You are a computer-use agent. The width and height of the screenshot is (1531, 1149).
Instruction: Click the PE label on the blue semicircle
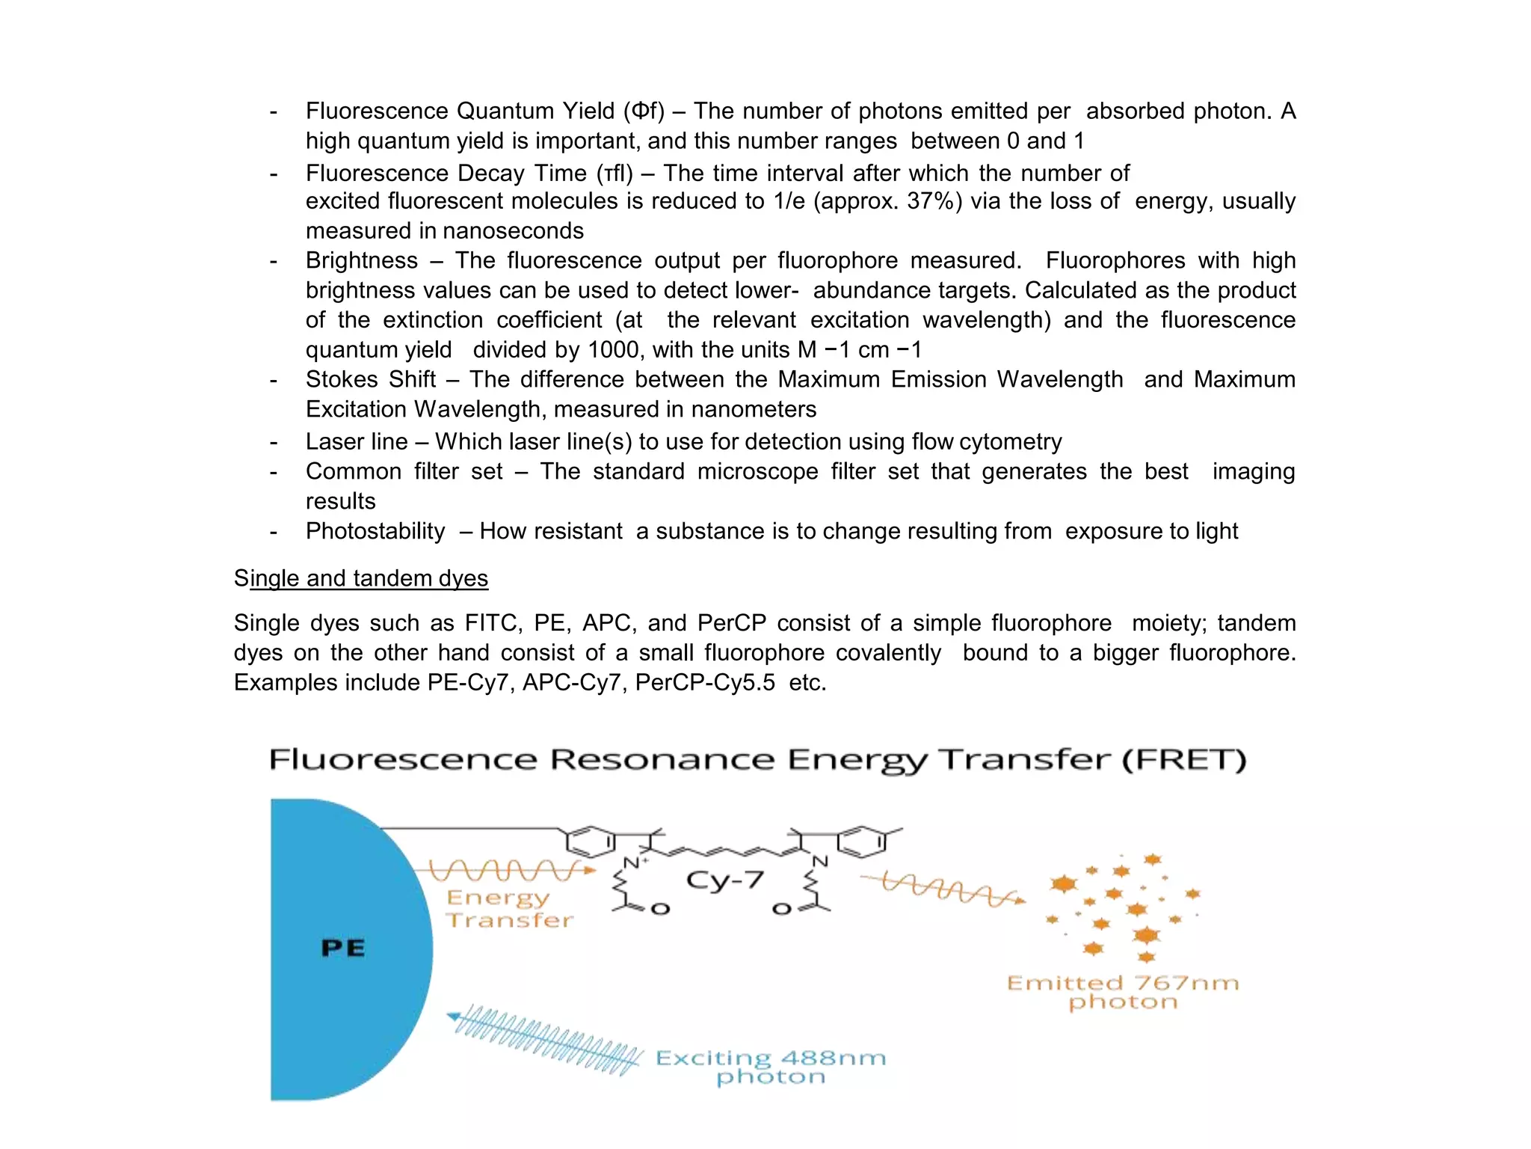[x=343, y=949]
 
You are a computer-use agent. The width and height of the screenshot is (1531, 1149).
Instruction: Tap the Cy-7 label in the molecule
[x=724, y=880]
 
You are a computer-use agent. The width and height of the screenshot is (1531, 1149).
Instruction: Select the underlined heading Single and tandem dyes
[x=361, y=578]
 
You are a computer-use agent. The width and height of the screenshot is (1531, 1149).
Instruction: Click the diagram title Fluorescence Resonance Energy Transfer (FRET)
[x=757, y=760]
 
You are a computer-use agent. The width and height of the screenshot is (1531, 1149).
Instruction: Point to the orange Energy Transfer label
[x=509, y=909]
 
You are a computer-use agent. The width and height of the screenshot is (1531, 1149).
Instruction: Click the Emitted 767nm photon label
[x=1123, y=992]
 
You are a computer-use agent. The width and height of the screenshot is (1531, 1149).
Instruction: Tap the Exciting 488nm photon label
[x=771, y=1067]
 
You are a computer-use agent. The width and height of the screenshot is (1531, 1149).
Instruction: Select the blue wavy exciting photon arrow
[x=545, y=1039]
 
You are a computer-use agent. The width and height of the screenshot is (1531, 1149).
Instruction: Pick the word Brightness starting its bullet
[x=362, y=260]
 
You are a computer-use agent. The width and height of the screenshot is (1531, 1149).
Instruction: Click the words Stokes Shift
[x=371, y=379]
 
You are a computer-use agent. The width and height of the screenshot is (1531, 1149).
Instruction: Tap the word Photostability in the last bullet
[x=375, y=531]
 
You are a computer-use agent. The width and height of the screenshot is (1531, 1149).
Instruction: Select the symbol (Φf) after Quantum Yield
[x=644, y=111]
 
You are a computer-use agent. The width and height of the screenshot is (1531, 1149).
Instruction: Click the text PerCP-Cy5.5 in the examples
[x=705, y=682]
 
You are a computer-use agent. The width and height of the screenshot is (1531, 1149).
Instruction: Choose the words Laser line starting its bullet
[x=357, y=441]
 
